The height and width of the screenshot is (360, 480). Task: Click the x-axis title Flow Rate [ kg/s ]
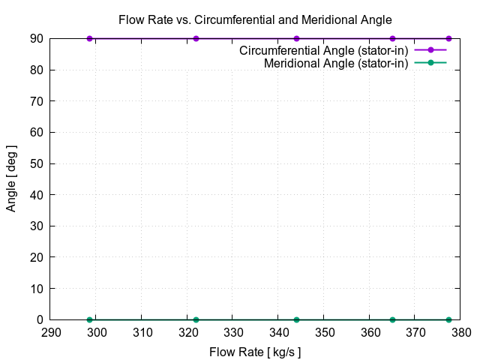(x=255, y=351)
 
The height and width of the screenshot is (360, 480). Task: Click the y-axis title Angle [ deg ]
(x=11, y=179)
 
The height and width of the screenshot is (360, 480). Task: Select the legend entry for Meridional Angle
(x=335, y=63)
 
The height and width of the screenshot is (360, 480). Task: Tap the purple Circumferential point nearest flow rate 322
(x=196, y=38)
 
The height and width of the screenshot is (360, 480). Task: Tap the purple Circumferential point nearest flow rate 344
(x=297, y=38)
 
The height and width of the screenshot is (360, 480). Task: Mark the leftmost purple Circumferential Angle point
(x=90, y=38)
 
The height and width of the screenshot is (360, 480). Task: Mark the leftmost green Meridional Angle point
(x=90, y=319)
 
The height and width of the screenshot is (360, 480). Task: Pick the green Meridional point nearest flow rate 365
(x=392, y=319)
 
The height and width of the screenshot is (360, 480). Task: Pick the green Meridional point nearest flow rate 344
(x=297, y=319)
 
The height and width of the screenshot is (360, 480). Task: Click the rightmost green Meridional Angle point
(x=448, y=319)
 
